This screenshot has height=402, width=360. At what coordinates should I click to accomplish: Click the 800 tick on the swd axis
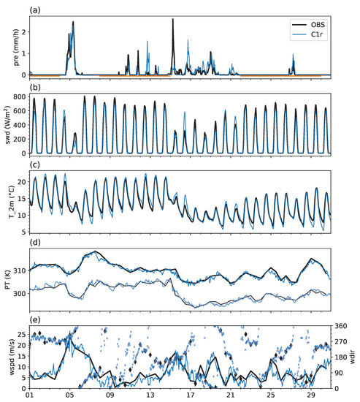point(20,98)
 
